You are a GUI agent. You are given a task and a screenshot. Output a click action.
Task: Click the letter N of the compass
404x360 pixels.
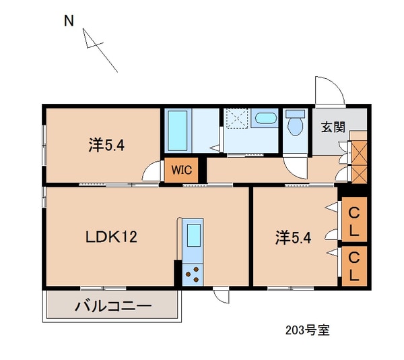click(69, 21)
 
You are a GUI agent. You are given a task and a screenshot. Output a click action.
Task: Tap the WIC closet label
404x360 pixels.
click(182, 170)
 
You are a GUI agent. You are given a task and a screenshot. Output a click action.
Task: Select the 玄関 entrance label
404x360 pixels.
click(333, 127)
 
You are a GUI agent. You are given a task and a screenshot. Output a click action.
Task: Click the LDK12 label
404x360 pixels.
click(111, 237)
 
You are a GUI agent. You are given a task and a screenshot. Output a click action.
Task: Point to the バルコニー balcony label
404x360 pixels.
click(113, 306)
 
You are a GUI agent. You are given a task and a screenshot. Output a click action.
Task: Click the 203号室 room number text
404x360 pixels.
click(308, 330)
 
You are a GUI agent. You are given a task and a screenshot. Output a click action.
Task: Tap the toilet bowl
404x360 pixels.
click(296, 123)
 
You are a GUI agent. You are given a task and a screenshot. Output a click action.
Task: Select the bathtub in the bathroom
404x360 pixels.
click(178, 131)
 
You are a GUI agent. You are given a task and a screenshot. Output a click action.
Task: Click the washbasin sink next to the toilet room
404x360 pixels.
click(266, 118)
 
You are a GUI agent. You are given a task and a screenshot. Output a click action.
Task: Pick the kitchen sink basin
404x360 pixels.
click(194, 235)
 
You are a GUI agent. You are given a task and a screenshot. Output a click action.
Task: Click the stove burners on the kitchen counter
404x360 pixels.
click(193, 274)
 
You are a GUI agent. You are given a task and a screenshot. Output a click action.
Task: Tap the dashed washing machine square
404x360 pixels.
click(237, 119)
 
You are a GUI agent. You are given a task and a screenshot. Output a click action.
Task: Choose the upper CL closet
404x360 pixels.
click(354, 220)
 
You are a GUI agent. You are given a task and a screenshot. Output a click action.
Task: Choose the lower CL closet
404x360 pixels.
click(354, 266)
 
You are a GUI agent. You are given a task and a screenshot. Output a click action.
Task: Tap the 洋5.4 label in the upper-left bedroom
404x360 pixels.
click(106, 145)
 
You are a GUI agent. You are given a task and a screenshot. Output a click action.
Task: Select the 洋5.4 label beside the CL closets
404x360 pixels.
click(293, 238)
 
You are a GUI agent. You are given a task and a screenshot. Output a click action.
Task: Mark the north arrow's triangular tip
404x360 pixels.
click(83, 29)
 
